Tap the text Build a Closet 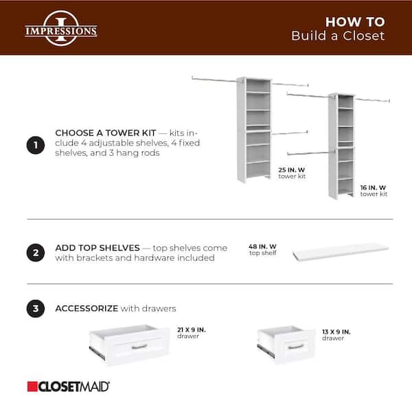point(338,36)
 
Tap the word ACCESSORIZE point(87,309)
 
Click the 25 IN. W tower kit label point(292,172)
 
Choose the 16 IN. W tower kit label point(374,190)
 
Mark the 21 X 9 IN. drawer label point(192,333)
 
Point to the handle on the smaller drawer point(296,346)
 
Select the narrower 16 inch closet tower point(341,146)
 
